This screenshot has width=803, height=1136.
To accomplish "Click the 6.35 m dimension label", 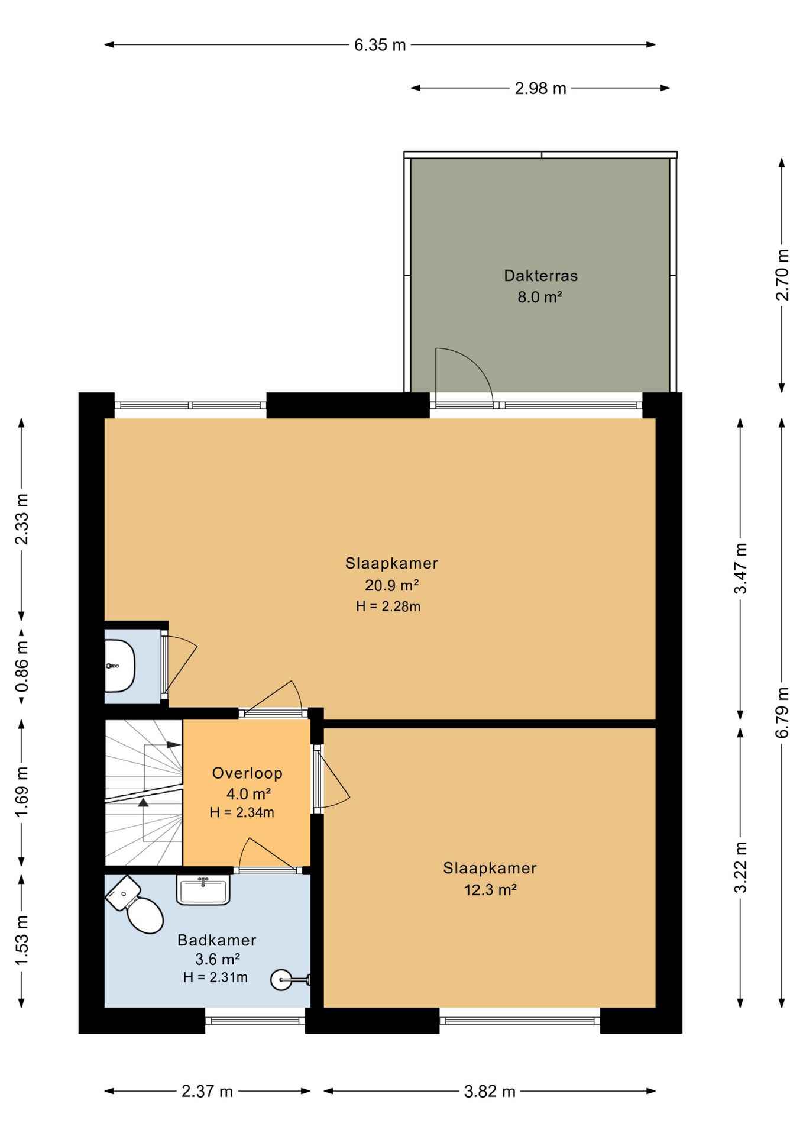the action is [380, 45].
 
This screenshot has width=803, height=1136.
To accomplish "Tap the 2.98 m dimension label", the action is [540, 89].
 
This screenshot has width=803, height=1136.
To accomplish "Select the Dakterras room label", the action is [540, 276].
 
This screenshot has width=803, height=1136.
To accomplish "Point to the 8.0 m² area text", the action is [539, 297].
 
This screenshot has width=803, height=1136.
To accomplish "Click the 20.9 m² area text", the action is [391, 585].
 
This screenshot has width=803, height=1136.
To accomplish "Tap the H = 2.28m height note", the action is [388, 606].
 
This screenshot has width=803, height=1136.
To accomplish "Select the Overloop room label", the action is [247, 773].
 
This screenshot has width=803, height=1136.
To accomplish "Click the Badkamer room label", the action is [216, 940].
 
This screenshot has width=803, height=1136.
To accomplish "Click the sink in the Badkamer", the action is [203, 890].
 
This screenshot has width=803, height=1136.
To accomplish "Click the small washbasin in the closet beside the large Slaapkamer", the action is [119, 666].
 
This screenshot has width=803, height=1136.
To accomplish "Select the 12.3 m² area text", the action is [490, 890].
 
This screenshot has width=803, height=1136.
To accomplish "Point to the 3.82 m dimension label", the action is [490, 1092].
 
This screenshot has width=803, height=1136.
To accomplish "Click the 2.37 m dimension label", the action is [207, 1092].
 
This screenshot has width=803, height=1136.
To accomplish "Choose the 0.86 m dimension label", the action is [22, 667].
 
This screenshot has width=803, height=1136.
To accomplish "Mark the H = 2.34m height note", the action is [242, 812].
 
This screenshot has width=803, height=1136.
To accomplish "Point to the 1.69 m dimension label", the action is [22, 792].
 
